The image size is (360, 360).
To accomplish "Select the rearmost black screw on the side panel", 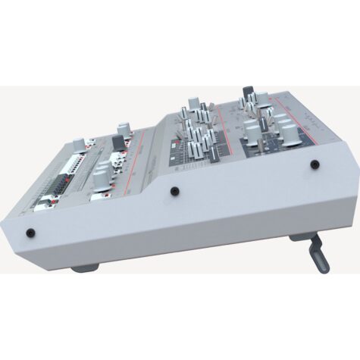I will (312, 162).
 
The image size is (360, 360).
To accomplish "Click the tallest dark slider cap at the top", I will (247, 95).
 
